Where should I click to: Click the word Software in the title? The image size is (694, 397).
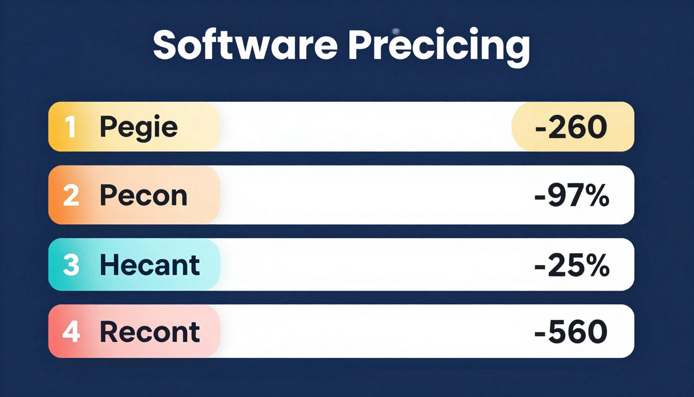245,46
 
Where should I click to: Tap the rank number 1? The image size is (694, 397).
71,127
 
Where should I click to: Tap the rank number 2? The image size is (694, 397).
71,196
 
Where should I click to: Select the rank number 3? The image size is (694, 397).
71,265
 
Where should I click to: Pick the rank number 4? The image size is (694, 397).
71,332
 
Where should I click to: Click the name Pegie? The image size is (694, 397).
138,128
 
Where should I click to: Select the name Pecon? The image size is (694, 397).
143,196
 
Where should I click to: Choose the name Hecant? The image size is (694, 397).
149,265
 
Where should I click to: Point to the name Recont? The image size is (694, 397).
149,332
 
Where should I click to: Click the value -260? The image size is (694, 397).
571,127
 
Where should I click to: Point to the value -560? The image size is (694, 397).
571,332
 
